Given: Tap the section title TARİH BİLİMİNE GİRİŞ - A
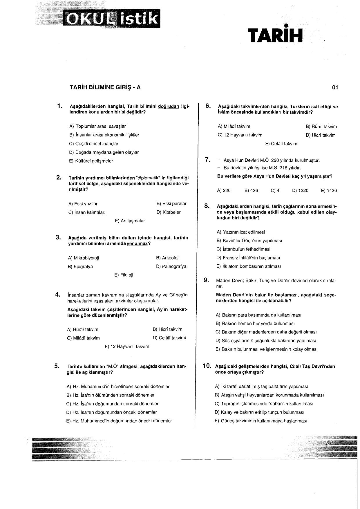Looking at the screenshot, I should (x=105, y=87).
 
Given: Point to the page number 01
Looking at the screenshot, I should (x=335, y=87).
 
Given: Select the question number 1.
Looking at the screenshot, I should (x=60, y=106).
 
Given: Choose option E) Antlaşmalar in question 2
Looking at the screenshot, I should (x=130, y=221).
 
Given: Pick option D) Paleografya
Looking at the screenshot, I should (x=171, y=266).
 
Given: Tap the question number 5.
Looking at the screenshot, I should (x=57, y=366).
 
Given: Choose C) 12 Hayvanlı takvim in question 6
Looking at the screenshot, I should (x=240, y=135).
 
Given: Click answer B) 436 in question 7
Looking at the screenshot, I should (x=251, y=191).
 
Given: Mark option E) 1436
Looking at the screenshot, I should (x=329, y=191).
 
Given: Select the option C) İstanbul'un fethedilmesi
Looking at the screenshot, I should (x=243, y=249).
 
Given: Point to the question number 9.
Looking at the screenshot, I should (x=207, y=280).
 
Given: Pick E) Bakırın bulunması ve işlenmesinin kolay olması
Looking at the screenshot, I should (x=266, y=349).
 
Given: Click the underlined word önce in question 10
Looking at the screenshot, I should (x=220, y=372).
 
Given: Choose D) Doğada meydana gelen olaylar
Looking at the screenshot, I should (x=104, y=152).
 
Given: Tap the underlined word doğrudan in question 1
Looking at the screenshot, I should (x=169, y=107).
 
